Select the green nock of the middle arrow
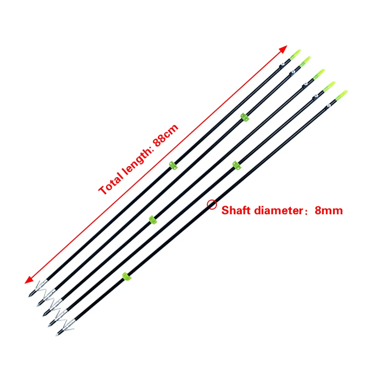[x=319, y=73]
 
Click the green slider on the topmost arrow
[x=173, y=165]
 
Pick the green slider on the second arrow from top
[x=245, y=117]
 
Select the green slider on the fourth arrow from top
[x=236, y=165]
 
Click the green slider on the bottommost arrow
[x=126, y=276]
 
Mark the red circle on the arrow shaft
[x=211, y=205]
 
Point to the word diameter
[x=275, y=211]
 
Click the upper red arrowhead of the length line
[x=284, y=49]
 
